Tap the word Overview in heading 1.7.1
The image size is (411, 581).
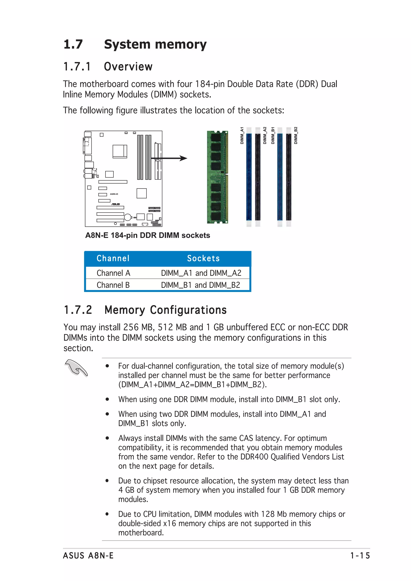tap(128, 67)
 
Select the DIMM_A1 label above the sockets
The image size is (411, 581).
tap(242, 136)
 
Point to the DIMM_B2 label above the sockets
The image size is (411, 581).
tap(296, 136)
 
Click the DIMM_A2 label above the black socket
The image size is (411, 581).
tap(265, 136)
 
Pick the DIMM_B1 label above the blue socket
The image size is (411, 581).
tap(273, 136)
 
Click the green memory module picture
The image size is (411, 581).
tap(217, 177)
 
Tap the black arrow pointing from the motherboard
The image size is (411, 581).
tap(170, 158)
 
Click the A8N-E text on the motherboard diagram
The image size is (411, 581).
tap(114, 194)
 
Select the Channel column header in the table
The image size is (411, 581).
tap(113, 258)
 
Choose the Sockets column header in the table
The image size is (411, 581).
tap(203, 258)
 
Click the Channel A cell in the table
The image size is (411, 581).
tap(113, 273)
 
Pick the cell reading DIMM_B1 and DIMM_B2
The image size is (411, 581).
tap(200, 285)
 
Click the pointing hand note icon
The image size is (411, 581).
tap(76, 368)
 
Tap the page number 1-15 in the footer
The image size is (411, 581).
tap(360, 556)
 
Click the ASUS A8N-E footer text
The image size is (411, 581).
tap(88, 556)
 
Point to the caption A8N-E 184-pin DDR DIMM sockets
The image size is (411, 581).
tap(148, 235)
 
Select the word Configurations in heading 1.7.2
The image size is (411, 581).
tap(188, 310)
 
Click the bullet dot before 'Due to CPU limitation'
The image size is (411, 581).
tap(107, 514)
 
